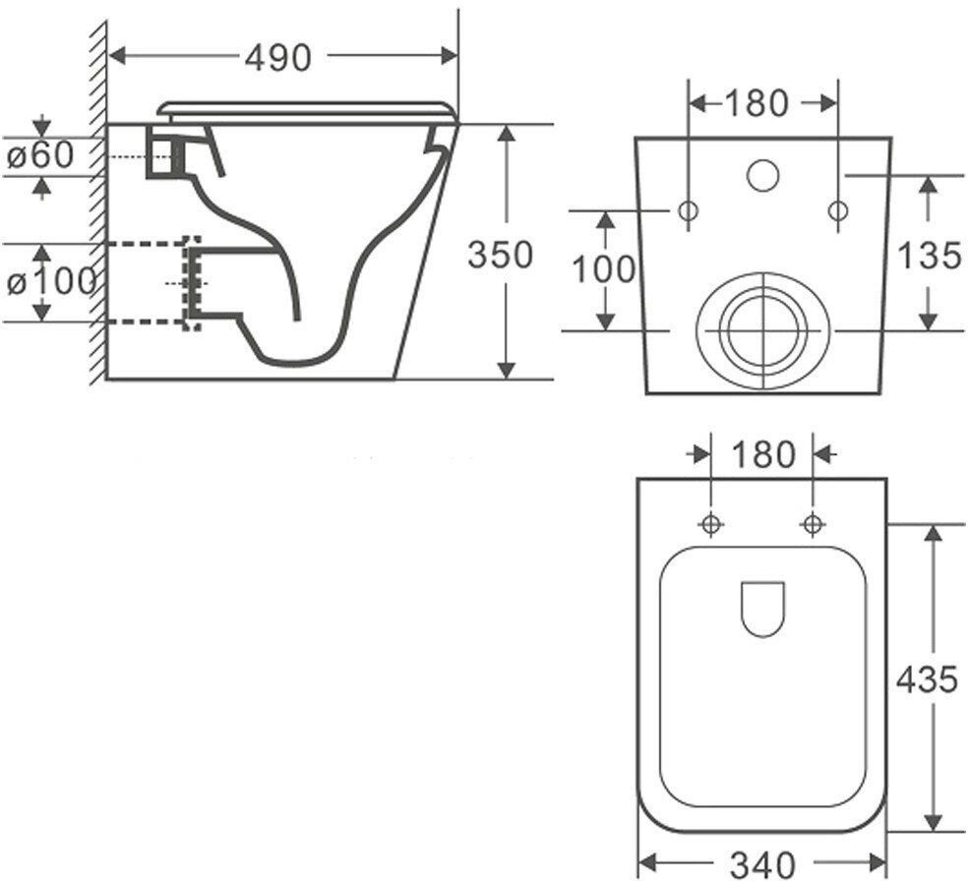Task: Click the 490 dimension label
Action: pos(277,58)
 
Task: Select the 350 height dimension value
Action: pos(501,255)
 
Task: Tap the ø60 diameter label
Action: pos(41,155)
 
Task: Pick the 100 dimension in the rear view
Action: pos(605,268)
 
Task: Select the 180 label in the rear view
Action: pos(757,102)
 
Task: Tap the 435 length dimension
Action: pos(926,678)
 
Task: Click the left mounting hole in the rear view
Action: pos(688,210)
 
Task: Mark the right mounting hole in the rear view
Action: pos(837,210)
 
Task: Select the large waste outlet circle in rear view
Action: pos(762,329)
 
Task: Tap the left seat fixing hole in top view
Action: pos(710,524)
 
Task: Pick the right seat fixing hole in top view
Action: pos(812,524)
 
